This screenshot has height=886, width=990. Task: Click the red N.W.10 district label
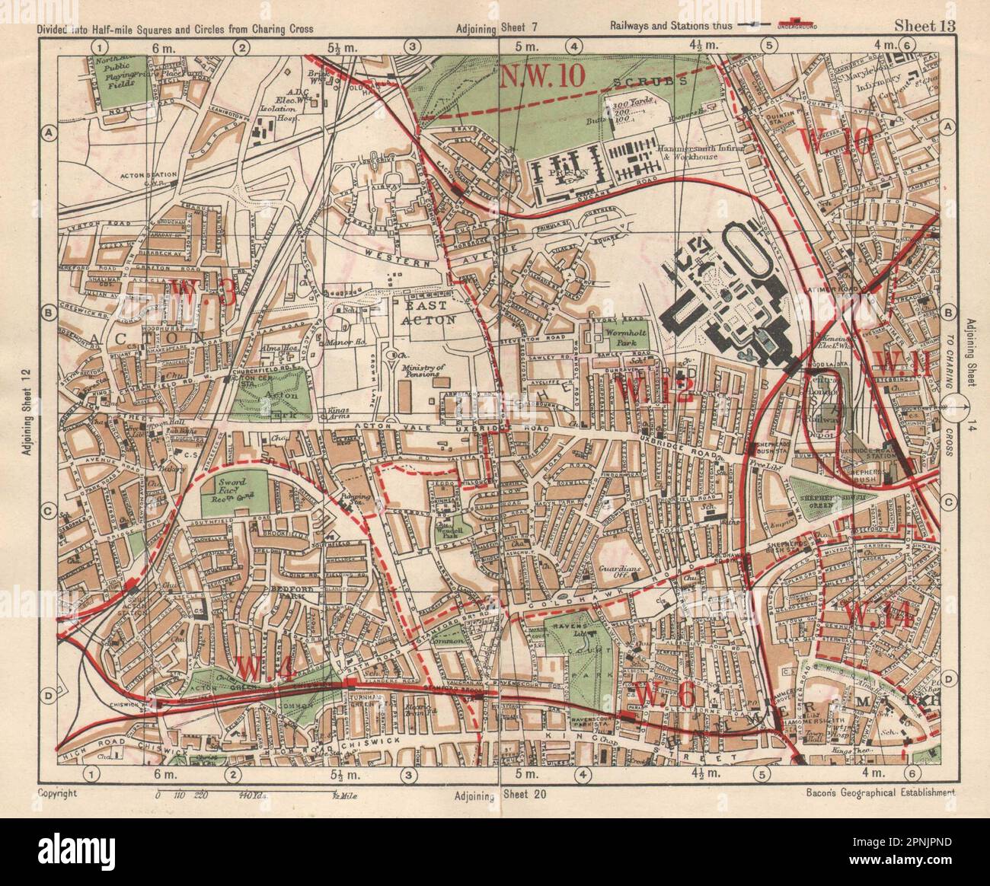[x=542, y=76]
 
